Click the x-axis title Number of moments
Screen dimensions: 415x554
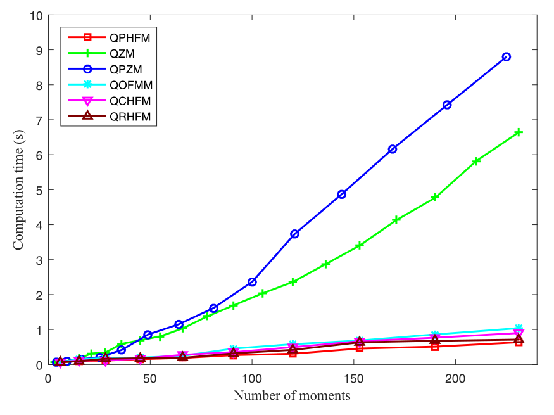click(292, 397)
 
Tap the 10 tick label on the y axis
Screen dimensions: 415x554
click(36, 15)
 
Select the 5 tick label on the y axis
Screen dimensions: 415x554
click(39, 190)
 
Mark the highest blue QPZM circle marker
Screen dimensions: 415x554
click(507, 56)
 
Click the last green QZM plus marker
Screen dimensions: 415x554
click(519, 132)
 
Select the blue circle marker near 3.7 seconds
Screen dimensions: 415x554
click(294, 234)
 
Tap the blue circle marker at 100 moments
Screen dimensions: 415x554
click(252, 281)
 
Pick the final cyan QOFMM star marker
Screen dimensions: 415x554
click(519, 328)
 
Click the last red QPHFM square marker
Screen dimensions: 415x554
click(519, 342)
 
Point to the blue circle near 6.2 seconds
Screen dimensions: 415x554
click(393, 149)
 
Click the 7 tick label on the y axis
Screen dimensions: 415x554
click(39, 120)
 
